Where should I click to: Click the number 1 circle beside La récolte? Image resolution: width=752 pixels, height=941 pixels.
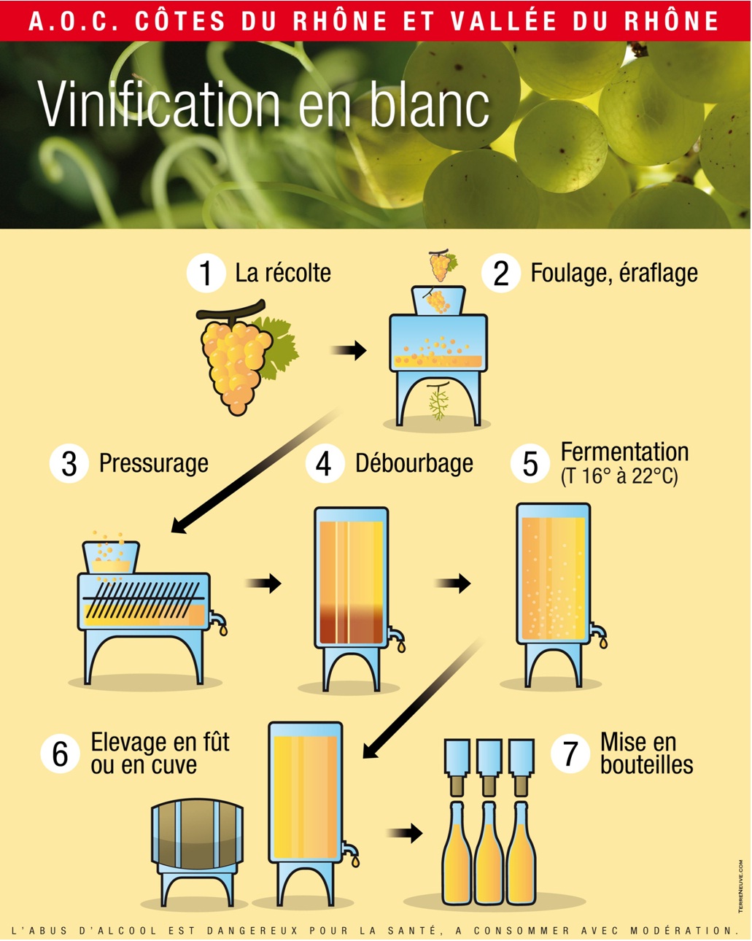206,273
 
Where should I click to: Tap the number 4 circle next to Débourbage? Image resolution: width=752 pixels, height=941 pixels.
325,463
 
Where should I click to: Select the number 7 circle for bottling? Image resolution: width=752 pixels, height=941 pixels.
570,754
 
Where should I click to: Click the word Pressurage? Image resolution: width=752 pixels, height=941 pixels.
154,463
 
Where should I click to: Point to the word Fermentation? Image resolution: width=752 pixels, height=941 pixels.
625,452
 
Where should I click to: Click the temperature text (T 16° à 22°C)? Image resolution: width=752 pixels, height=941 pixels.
619,476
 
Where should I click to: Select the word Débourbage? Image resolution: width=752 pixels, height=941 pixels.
414,463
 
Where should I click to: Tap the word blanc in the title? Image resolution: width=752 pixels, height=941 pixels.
430,105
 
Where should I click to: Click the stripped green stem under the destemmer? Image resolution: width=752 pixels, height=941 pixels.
438,400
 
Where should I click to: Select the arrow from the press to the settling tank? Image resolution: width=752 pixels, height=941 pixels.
263,583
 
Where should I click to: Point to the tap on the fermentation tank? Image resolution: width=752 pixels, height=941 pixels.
599,634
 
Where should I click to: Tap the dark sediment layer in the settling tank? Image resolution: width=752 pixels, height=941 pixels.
352,624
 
